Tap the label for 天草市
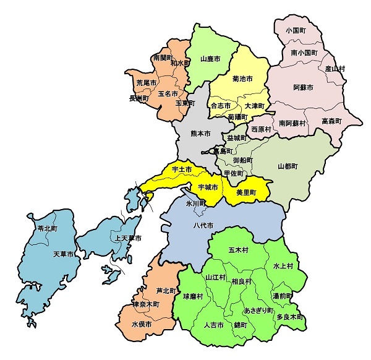[63, 254]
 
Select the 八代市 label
[203, 226]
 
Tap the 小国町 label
[297, 30]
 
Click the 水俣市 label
[142, 324]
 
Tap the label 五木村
[239, 251]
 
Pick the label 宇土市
[182, 169]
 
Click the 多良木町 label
[290, 317]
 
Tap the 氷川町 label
[197, 202]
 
